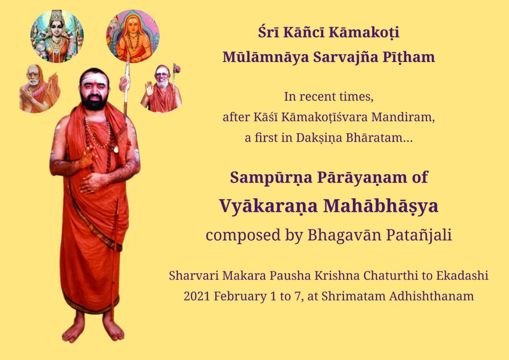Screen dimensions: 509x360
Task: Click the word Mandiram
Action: point(403,117)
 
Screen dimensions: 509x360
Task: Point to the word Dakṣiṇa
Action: point(319,138)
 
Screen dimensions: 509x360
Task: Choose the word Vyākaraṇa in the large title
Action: point(268,206)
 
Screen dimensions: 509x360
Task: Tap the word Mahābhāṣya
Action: point(381,206)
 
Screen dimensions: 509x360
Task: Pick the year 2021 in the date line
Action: point(197,296)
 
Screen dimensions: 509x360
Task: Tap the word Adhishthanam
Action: point(431,296)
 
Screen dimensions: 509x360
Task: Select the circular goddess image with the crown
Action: point(57,36)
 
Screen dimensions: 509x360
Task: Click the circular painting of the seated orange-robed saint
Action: point(133,36)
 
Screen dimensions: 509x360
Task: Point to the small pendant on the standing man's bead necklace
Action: point(117,149)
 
